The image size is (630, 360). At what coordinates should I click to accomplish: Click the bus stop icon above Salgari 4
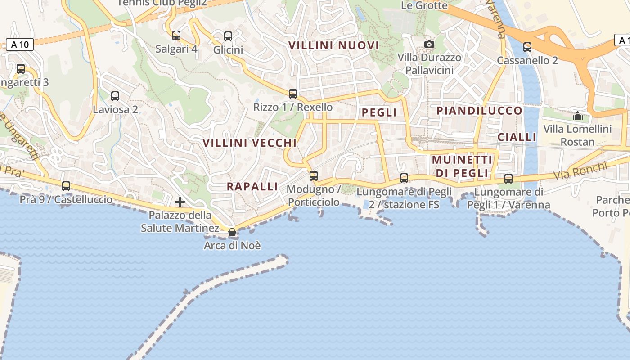176,35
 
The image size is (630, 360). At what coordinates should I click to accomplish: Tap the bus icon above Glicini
228,36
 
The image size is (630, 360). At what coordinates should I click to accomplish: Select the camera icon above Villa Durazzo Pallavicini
429,44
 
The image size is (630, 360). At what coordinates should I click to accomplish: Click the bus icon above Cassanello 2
527,47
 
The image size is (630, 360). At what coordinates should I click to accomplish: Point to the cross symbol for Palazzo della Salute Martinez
180,202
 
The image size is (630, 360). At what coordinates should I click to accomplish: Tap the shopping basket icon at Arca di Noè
232,232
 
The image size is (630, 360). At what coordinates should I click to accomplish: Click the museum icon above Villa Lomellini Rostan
578,116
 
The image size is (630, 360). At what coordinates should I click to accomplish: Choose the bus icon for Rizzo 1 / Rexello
293,94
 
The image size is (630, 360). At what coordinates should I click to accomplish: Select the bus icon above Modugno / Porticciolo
314,175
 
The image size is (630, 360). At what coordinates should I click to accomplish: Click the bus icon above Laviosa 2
115,96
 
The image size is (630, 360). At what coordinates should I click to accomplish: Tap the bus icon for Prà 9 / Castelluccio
66,186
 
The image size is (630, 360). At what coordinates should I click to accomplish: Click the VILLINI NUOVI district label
334,45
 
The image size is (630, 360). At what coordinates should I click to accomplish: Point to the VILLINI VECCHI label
250,143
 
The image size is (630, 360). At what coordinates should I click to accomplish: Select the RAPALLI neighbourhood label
252,187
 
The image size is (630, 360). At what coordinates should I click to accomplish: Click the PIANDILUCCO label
480,111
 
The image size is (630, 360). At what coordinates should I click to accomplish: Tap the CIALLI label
517,137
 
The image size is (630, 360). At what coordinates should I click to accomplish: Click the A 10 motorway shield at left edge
20,45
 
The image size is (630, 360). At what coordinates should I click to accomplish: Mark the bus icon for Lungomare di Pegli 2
404,178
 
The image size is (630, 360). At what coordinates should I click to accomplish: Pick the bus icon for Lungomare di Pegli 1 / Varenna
508,178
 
